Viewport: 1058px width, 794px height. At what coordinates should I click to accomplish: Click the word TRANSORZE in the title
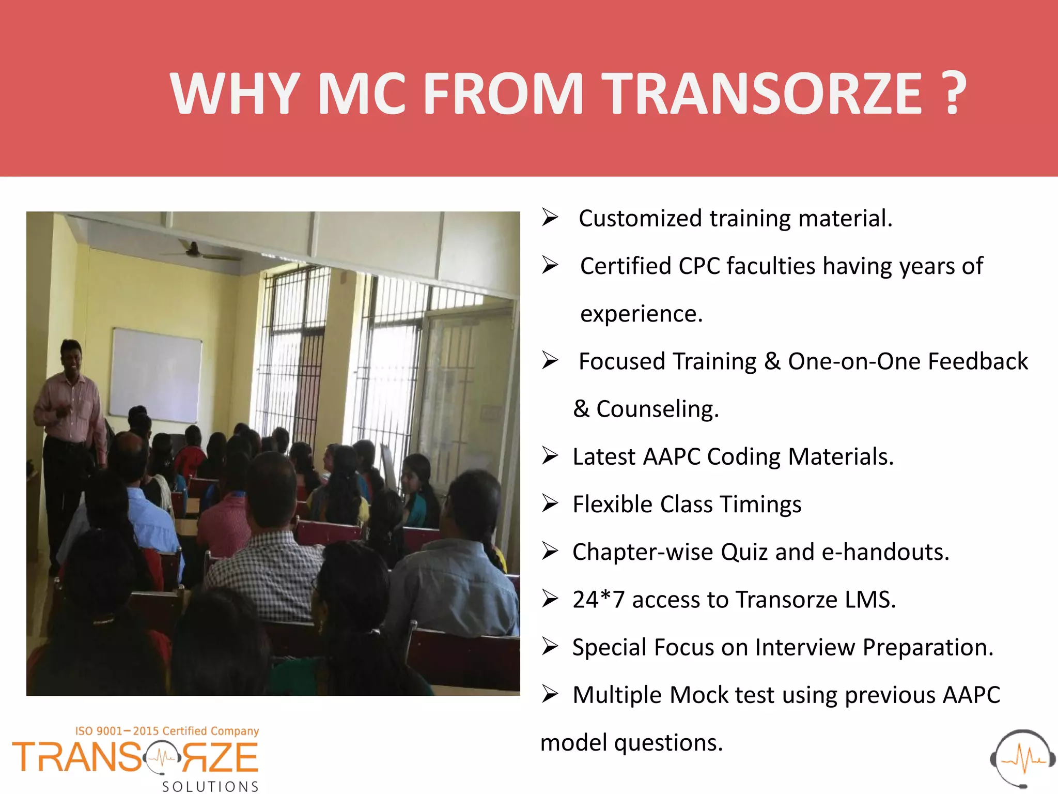click(x=763, y=94)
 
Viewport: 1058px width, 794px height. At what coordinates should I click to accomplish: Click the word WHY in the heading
click(x=235, y=94)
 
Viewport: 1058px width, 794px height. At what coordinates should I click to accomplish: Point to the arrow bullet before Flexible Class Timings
click(x=550, y=503)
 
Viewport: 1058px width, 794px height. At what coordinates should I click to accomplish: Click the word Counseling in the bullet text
click(x=657, y=409)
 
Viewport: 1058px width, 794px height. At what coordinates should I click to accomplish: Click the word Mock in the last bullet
click(x=698, y=695)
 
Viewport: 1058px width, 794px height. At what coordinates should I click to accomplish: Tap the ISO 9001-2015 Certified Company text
click(x=167, y=731)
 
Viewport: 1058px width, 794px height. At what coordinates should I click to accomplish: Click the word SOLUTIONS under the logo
click(x=210, y=786)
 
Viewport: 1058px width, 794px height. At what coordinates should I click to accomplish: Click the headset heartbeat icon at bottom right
click(x=1022, y=758)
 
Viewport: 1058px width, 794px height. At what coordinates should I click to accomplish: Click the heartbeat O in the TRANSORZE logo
click(x=163, y=758)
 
